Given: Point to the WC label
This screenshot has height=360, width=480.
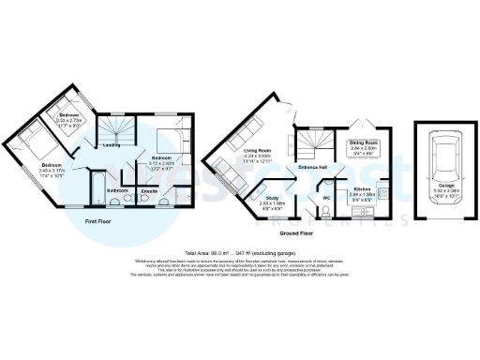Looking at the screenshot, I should tap(326, 198).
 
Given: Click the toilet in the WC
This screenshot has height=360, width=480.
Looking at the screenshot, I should tap(326, 209).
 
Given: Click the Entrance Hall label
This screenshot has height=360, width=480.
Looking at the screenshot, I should tap(312, 167).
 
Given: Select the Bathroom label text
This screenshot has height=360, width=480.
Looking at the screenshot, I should tap(118, 190).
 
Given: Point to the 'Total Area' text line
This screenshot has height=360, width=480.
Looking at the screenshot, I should tap(241, 253).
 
